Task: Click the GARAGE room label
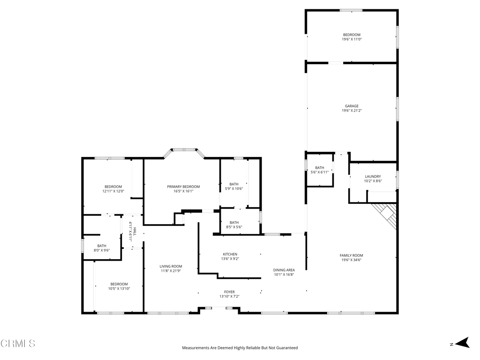pyautogui.click(x=352, y=106)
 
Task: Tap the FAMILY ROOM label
pyautogui.click(x=352, y=255)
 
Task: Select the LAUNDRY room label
pyautogui.click(x=373, y=177)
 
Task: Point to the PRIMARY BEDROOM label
pyautogui.click(x=183, y=187)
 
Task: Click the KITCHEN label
pyautogui.click(x=230, y=255)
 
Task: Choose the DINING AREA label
pyautogui.click(x=284, y=270)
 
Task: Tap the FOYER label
pyautogui.click(x=229, y=292)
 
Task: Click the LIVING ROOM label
pyautogui.click(x=171, y=266)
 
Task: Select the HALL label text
pyautogui.click(x=135, y=232)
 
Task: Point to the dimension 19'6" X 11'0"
pyautogui.click(x=352, y=39)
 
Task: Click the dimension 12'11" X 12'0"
pyautogui.click(x=113, y=191)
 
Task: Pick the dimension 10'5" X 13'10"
pyautogui.click(x=119, y=288)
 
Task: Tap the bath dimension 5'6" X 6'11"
pyautogui.click(x=320, y=172)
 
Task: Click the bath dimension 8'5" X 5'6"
pyautogui.click(x=234, y=227)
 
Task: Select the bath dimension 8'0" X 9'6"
pyautogui.click(x=102, y=250)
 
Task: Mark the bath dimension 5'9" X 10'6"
pyautogui.click(x=234, y=188)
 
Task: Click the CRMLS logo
pyautogui.click(x=18, y=344)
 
